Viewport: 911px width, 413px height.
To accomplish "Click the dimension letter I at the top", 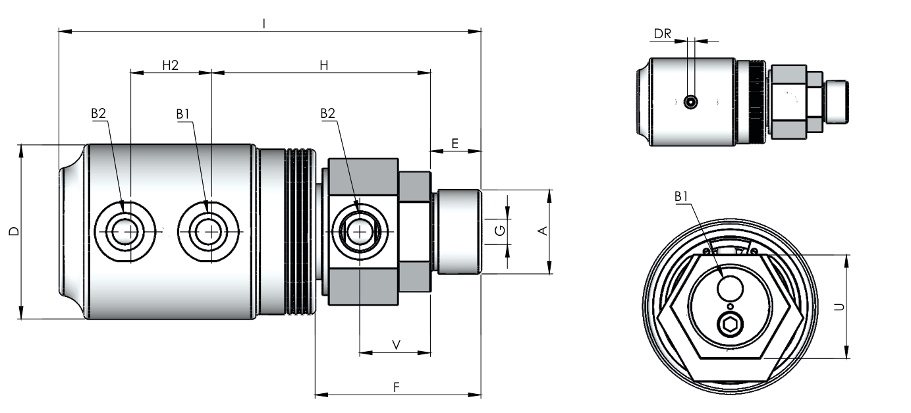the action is tap(264, 24).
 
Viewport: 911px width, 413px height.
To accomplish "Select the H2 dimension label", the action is tap(171, 65).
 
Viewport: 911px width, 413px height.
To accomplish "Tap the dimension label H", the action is tap(323, 65).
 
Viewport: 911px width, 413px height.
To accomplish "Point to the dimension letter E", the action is tap(455, 144).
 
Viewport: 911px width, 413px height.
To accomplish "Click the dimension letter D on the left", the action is tap(14, 231).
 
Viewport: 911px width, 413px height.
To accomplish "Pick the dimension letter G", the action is tap(500, 231).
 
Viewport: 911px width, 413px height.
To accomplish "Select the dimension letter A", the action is tap(543, 231).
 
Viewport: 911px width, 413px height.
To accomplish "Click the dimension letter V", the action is tap(396, 345).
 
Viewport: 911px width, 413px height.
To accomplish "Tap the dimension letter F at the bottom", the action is tap(397, 387).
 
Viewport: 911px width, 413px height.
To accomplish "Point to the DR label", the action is tap(663, 34).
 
